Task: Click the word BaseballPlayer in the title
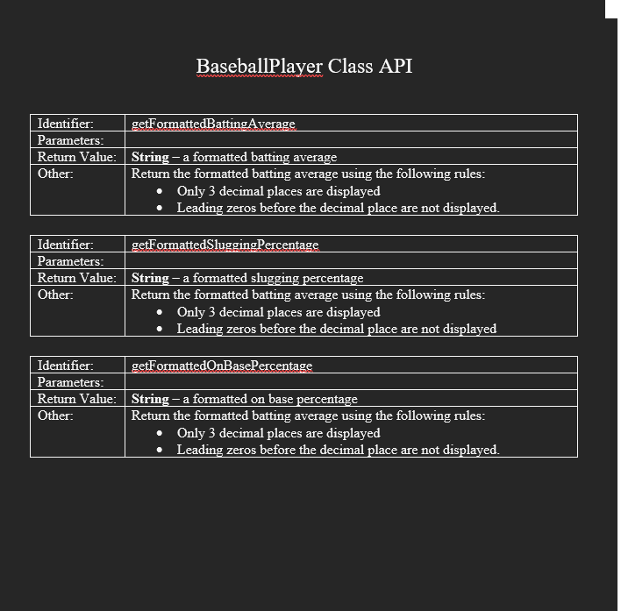click(260, 67)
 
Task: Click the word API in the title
click(395, 67)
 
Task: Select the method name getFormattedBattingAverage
click(213, 124)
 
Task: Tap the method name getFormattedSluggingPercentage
click(225, 245)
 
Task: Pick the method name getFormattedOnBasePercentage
click(221, 366)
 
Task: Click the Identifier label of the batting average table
click(66, 124)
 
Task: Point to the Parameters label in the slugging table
click(70, 261)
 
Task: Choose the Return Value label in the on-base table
click(76, 399)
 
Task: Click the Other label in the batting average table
click(55, 174)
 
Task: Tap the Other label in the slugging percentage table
click(55, 295)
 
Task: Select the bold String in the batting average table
click(150, 158)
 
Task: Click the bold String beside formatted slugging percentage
click(150, 279)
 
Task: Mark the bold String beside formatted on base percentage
click(150, 400)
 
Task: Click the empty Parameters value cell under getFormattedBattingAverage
click(351, 140)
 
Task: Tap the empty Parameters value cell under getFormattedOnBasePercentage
click(351, 382)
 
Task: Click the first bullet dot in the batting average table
click(159, 191)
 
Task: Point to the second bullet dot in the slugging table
click(159, 330)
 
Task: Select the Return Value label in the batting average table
click(76, 157)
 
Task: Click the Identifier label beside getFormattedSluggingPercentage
click(66, 245)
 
